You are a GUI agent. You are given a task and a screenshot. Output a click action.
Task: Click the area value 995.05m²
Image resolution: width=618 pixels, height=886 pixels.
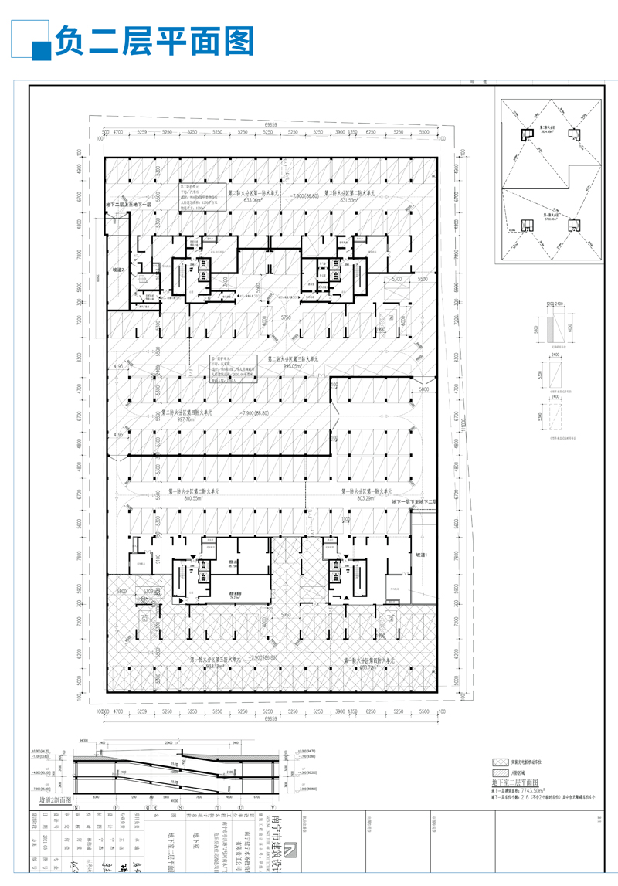(x=295, y=367)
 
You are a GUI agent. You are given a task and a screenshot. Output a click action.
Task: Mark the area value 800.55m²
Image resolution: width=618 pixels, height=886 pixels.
(x=195, y=498)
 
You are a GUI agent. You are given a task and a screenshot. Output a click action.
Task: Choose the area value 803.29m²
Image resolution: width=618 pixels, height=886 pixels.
(x=362, y=498)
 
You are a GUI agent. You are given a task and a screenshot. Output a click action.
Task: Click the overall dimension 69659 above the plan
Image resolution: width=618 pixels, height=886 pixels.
(x=271, y=124)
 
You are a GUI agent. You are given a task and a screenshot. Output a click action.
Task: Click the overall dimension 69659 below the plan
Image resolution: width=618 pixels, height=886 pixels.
(x=271, y=718)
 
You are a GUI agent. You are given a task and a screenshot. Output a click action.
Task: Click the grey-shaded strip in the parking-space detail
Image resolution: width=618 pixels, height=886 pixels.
(x=548, y=330)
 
